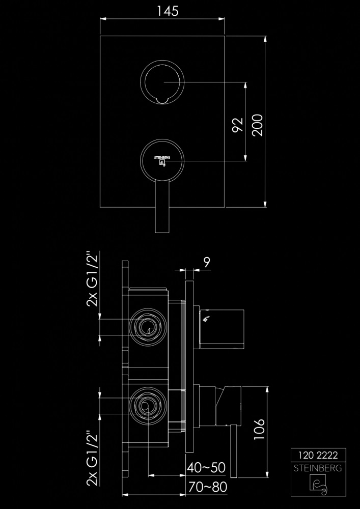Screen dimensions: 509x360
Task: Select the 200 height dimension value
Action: pos(258,124)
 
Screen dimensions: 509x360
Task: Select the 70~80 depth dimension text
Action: pos(206,487)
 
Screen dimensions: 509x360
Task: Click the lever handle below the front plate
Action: pos(162,209)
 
